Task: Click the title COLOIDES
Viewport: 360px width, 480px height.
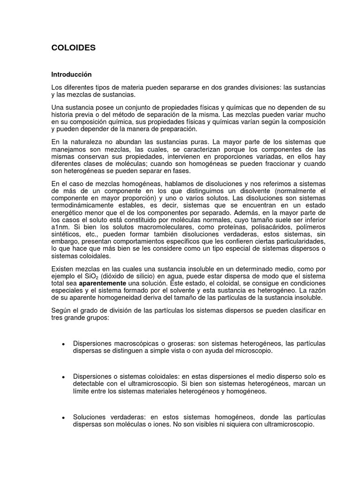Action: click(x=74, y=47)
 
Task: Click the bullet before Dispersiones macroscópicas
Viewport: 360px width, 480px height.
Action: click(x=63, y=345)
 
